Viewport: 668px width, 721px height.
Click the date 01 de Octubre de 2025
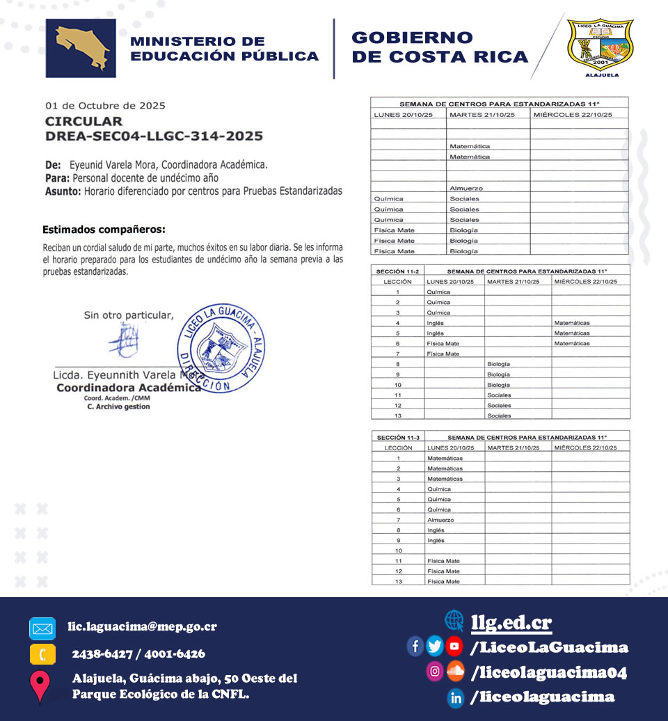[x=105, y=106]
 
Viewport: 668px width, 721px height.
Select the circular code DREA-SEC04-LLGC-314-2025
[x=154, y=136]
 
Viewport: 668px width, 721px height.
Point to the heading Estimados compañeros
[x=104, y=229]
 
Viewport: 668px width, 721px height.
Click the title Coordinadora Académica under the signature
[x=128, y=388]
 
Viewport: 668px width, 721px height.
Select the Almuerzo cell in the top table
[x=466, y=189]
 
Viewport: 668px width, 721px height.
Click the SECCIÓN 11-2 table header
[x=398, y=271]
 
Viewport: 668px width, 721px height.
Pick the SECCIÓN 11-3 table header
[x=398, y=437]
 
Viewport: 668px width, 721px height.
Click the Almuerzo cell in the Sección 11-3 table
[x=440, y=520]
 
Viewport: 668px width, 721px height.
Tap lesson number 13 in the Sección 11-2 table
[x=398, y=415]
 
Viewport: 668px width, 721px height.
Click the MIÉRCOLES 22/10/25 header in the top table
[x=563, y=114]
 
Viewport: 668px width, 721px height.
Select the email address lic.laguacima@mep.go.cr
[x=142, y=626]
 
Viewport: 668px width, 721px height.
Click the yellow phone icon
[x=42, y=654]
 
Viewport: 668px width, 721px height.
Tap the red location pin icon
[x=40, y=685]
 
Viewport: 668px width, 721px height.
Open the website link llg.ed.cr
[x=511, y=622]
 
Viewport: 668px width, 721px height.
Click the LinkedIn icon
[x=456, y=697]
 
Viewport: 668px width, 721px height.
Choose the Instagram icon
[x=435, y=672]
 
